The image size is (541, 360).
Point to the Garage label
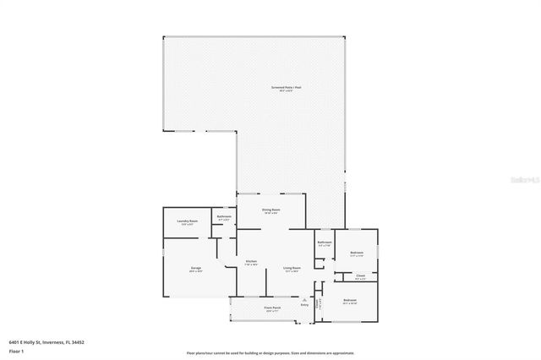coord(195,268)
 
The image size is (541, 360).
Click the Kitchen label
coord(251,262)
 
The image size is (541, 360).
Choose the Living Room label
coord(292,268)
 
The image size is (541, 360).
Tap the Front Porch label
coord(272,308)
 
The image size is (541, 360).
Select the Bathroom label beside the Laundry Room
coord(224,216)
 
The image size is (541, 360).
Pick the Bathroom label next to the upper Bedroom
coord(325,243)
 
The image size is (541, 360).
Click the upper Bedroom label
coord(358,251)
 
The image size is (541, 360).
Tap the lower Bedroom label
coord(350,300)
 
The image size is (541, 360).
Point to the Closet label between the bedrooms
coord(360,275)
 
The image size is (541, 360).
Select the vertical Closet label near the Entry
coord(317,303)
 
